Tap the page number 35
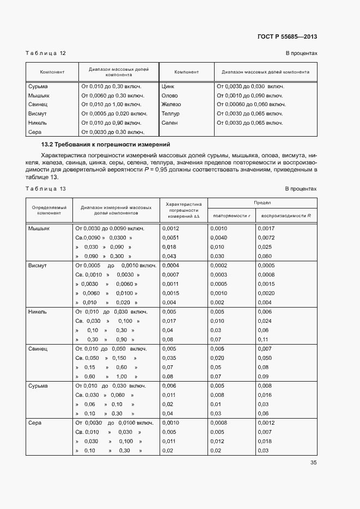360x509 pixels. coord(313,463)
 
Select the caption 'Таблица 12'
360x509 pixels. coord(46,53)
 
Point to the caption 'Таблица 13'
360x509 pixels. coord(46,188)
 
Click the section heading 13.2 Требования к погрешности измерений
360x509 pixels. coord(106,145)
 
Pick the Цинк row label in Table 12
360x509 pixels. coord(168,86)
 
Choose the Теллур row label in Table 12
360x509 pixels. coord(170,114)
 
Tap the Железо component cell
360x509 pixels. coord(171,105)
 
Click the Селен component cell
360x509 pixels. coord(170,123)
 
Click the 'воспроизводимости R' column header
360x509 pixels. coord(286,216)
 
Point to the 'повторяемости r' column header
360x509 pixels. coord(232,216)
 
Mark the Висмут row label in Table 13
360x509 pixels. coord(38,266)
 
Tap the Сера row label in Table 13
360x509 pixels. coord(35,423)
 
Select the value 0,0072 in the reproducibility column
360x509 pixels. coord(267,238)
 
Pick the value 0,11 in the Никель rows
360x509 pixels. coord(264,339)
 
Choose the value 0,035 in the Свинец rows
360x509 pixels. coord(170,358)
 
